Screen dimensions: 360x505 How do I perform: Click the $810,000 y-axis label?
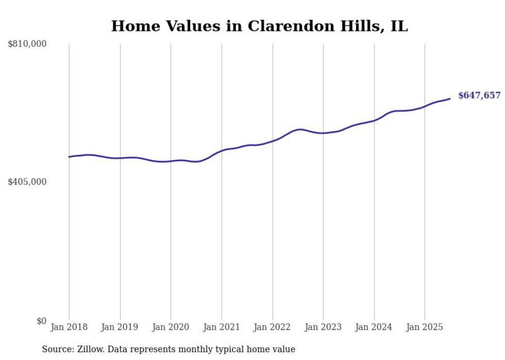[x=27, y=44]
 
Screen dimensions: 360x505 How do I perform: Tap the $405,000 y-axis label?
[x=27, y=182]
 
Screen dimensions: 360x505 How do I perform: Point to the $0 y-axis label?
[x=41, y=321]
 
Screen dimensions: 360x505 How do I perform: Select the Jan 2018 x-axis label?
[x=69, y=327]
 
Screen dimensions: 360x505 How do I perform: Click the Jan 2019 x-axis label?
[x=120, y=327]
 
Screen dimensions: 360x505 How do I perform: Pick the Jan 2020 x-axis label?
[x=171, y=327]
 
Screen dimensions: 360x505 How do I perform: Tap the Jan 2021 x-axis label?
[x=222, y=327]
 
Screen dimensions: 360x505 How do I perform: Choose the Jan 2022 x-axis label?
[x=273, y=327]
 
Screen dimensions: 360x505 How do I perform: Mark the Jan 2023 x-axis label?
[x=323, y=327]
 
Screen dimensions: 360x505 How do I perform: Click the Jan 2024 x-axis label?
[x=374, y=327]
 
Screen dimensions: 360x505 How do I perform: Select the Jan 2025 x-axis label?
[x=425, y=327]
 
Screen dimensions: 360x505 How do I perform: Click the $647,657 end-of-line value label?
[x=479, y=95]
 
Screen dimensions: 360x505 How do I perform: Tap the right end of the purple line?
[x=450, y=98]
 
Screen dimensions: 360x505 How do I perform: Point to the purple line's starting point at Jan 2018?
[x=69, y=157]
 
